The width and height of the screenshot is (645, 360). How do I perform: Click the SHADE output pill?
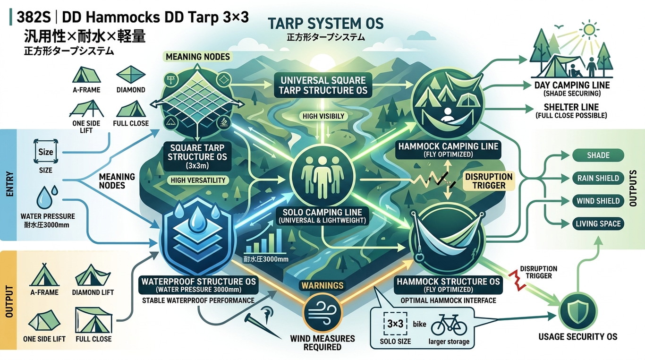[x=598, y=155]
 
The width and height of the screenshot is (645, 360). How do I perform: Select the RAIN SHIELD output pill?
[x=598, y=178]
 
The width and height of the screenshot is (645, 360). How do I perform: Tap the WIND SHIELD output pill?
[x=598, y=201]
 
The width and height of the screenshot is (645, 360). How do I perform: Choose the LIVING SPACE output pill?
[x=598, y=223]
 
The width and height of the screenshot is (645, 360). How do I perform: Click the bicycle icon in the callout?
[x=449, y=325]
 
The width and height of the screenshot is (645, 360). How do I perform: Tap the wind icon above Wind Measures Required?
[x=322, y=313]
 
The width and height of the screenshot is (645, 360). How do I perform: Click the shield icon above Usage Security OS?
[x=578, y=312]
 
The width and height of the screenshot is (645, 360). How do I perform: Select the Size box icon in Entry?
[x=46, y=152]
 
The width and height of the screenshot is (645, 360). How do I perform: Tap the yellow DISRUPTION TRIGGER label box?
[x=489, y=181]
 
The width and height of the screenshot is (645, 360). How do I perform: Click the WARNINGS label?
[x=322, y=285]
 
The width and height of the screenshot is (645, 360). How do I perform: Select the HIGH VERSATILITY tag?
[x=198, y=180]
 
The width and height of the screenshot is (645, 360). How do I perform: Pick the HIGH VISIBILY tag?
[x=323, y=116]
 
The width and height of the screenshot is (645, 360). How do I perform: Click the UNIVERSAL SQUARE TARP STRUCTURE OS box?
[x=323, y=85]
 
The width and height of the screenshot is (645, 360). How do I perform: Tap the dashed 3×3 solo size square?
[x=395, y=324]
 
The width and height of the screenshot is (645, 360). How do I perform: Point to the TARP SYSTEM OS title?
[x=326, y=24]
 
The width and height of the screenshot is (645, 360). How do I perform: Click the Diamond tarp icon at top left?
[x=130, y=74]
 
